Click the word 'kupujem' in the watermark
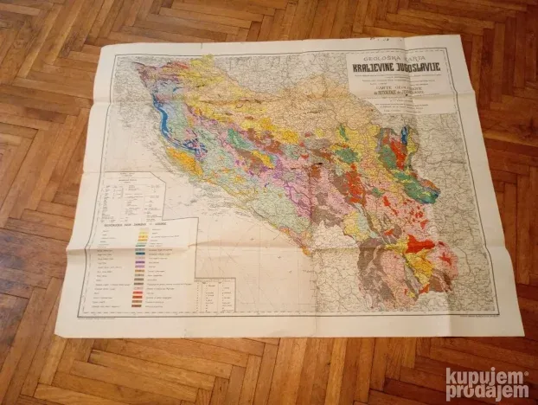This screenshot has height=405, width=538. click(486, 376)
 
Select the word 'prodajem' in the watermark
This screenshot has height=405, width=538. click(486, 391)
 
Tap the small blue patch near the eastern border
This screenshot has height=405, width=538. click(404, 134)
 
